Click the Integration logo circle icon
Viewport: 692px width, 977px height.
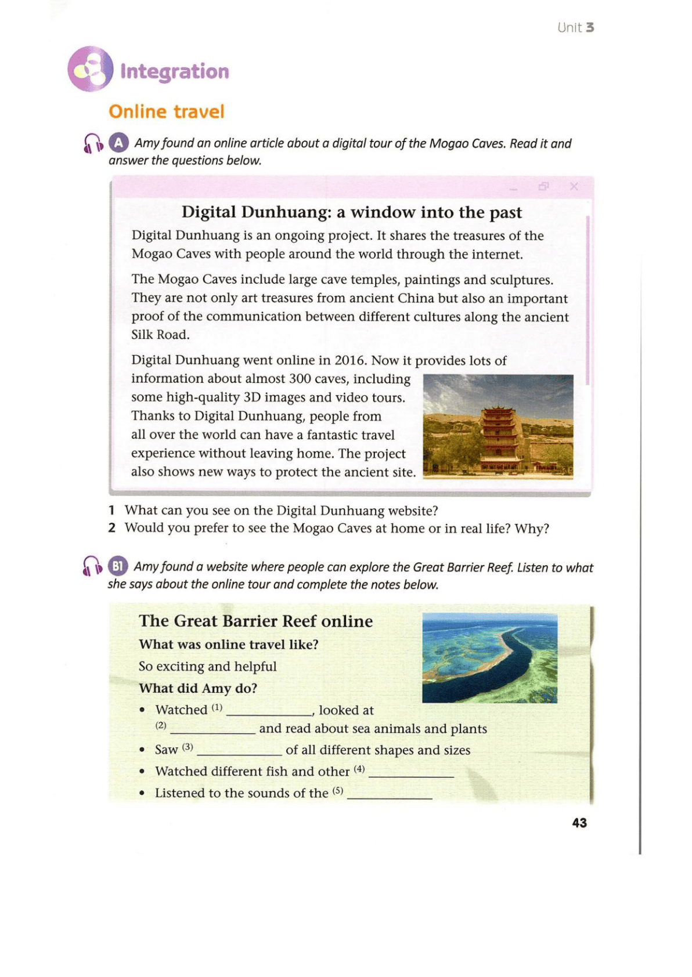pos(90,69)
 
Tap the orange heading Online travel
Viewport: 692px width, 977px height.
pos(166,111)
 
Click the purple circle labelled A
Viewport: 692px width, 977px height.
pos(118,143)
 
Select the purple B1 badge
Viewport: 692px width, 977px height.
pos(118,566)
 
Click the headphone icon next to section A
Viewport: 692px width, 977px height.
pos(93,143)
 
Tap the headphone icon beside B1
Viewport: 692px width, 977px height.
pos(92,566)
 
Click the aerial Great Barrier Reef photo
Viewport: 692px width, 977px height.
pos(489,657)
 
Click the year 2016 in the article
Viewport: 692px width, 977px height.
pos(350,360)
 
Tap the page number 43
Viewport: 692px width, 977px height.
pos(579,823)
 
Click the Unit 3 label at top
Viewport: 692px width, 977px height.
pos(575,27)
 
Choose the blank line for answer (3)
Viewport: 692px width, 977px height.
pos(240,752)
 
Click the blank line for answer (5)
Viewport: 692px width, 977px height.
pos(390,796)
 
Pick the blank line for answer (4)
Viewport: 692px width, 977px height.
pos(411,775)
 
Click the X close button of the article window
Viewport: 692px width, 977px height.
pos(574,186)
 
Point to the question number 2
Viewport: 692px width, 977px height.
pos(112,528)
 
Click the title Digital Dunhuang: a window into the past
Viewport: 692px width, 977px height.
pos(352,212)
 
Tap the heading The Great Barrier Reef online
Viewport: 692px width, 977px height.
pos(256,621)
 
